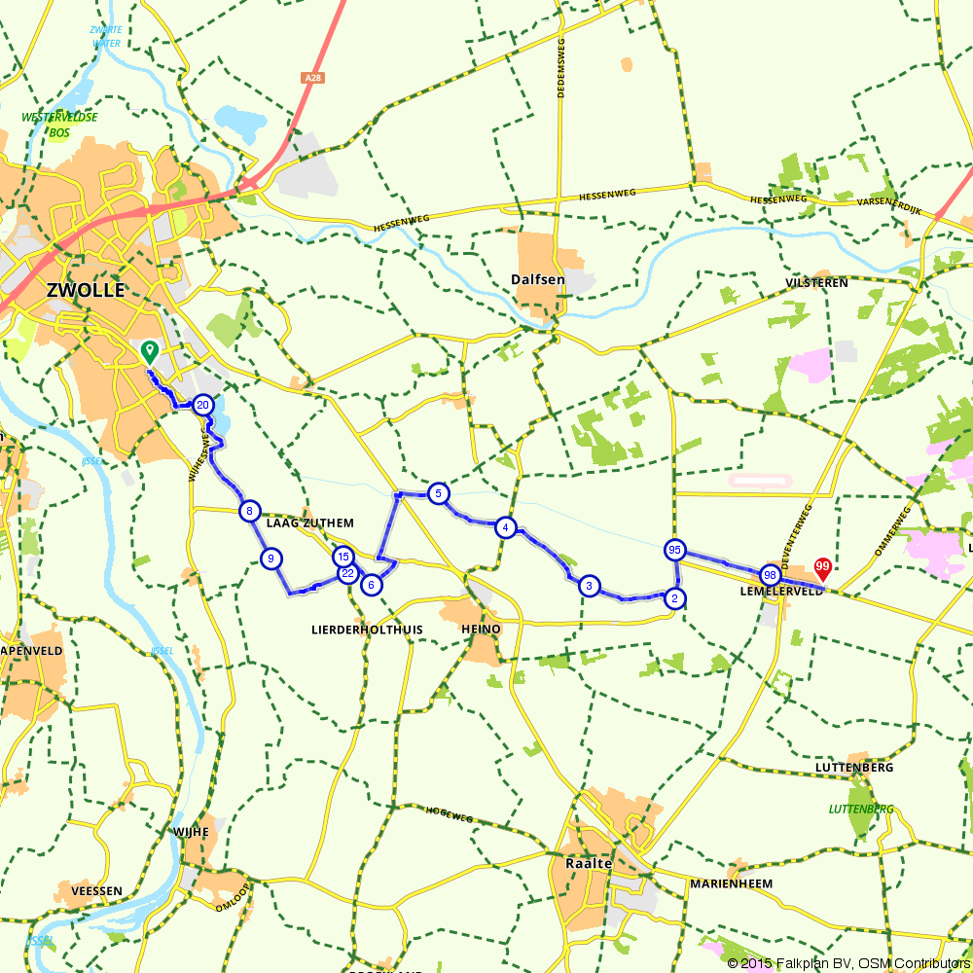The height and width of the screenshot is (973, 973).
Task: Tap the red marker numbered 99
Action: (822, 566)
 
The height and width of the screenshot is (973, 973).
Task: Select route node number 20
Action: (202, 405)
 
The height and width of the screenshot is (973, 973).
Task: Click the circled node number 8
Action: (250, 511)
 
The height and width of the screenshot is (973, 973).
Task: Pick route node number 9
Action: (271, 558)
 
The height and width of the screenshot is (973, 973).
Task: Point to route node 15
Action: (342, 557)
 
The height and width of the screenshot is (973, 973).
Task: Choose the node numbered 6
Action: (370, 585)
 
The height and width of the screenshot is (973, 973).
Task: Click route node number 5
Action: (439, 493)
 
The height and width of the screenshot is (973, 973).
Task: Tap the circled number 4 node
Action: (505, 527)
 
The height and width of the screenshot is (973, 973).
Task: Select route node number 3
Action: (588, 586)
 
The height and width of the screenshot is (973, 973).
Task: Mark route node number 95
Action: (674, 550)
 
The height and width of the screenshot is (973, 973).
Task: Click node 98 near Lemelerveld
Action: (770, 575)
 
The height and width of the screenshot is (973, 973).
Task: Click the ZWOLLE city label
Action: (86, 290)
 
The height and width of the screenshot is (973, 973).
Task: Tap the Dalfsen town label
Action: (538, 279)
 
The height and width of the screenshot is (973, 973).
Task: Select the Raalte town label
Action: (588, 863)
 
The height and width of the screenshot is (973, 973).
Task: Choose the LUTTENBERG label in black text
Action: (853, 768)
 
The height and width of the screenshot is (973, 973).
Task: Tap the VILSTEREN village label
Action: (816, 283)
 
